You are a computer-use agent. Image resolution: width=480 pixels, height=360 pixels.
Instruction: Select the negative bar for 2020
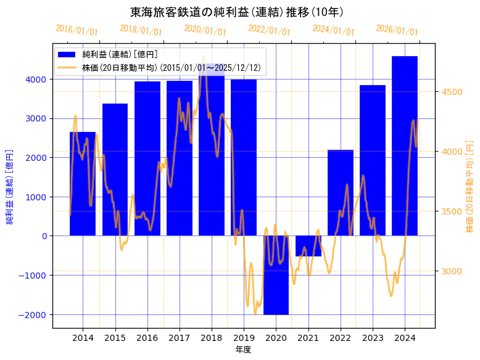click(276, 275)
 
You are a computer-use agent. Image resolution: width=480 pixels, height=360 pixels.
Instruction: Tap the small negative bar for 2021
click(308, 246)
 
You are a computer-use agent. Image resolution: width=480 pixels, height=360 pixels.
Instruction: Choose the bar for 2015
click(115, 170)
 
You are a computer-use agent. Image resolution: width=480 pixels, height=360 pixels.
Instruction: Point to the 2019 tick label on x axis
click(244, 337)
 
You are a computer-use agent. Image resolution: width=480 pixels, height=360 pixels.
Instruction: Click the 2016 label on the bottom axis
click(147, 337)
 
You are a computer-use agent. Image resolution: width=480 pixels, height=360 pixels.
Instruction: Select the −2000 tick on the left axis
click(32, 315)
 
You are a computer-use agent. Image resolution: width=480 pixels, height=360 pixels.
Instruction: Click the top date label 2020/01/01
click(205, 30)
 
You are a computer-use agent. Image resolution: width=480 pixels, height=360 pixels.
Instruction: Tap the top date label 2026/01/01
click(397, 30)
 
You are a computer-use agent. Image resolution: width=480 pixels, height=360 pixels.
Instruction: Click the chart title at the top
click(237, 12)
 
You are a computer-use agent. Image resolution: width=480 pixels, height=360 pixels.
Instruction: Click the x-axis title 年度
click(243, 350)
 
